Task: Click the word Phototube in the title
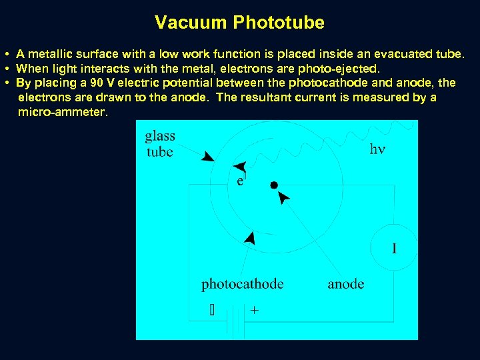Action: pyautogui.click(x=279, y=23)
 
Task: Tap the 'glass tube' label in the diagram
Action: pyautogui.click(x=159, y=144)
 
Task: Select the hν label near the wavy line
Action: pyautogui.click(x=377, y=149)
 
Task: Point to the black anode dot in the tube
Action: pyautogui.click(x=273, y=184)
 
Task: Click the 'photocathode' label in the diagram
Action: pyautogui.click(x=243, y=284)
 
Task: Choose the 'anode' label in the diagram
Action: pyautogui.click(x=345, y=284)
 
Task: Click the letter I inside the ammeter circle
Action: pyautogui.click(x=394, y=249)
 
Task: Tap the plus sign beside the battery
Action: pyautogui.click(x=254, y=310)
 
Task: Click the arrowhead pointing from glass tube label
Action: pyautogui.click(x=208, y=157)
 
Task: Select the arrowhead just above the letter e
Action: pyautogui.click(x=240, y=167)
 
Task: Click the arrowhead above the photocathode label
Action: pyautogui.click(x=251, y=237)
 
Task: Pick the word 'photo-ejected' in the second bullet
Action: pyautogui.click(x=341, y=68)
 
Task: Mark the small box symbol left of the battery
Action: pyautogui.click(x=212, y=310)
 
